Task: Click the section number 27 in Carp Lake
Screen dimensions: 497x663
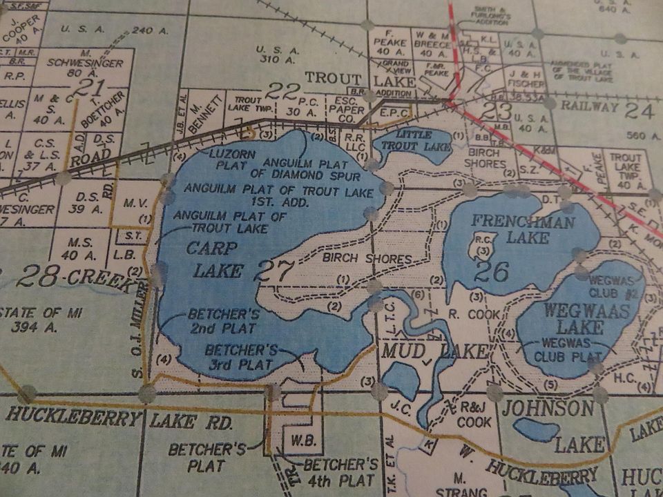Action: point(273,271)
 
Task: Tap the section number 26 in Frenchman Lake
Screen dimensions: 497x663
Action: point(491,271)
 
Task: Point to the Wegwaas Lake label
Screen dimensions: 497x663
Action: point(586,318)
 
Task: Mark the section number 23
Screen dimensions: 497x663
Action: point(497,111)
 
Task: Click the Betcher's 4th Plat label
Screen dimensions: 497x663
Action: point(341,472)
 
